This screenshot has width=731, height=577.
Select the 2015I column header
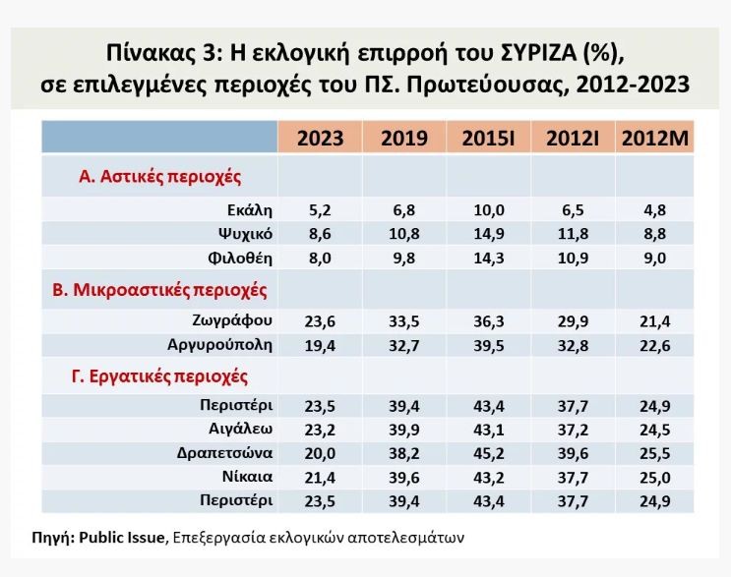point(488,138)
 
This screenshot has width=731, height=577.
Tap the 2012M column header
point(655,138)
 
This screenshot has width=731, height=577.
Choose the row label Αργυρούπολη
point(220,344)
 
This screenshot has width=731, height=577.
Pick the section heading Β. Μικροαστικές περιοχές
point(159,290)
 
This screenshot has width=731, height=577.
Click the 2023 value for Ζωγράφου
point(320,320)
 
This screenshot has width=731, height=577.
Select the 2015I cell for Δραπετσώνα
point(488,453)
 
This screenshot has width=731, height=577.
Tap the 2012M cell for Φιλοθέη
point(655,259)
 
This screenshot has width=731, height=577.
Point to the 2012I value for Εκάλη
point(573,210)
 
